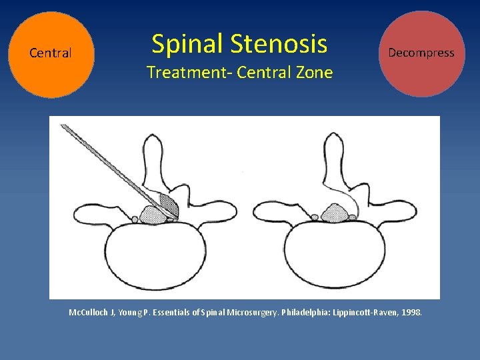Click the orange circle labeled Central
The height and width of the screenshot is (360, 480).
coord(51,54)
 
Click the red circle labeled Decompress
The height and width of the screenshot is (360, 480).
coord(421,53)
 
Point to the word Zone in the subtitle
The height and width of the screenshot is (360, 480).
coord(312,73)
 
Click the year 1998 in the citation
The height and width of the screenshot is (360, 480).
coord(411,312)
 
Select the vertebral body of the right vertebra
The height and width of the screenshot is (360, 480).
coord(333,257)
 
